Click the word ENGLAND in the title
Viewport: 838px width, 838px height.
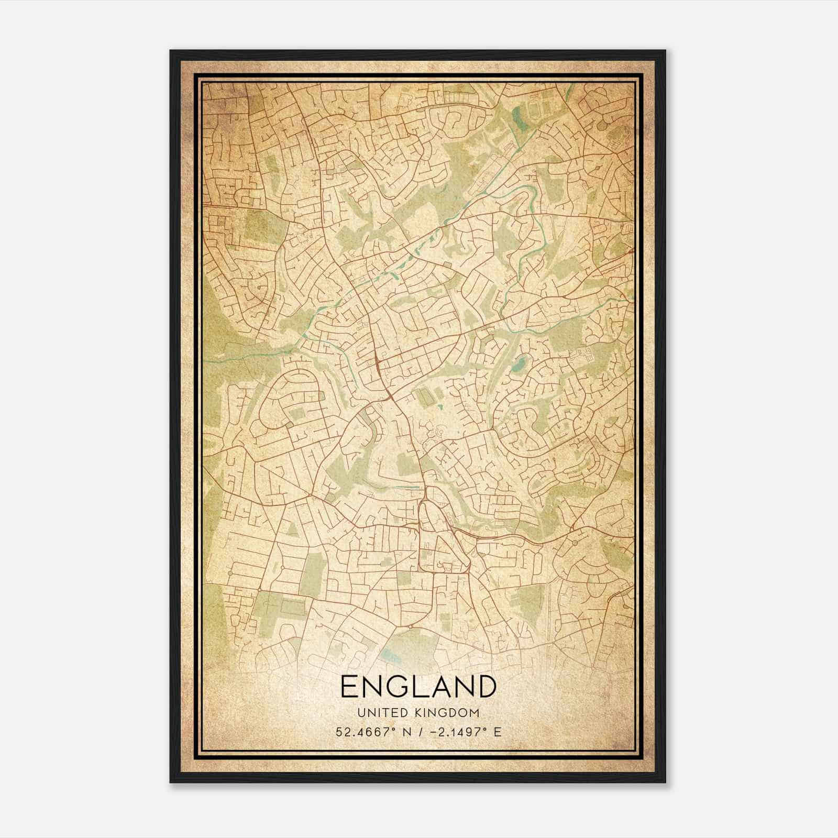[418, 686]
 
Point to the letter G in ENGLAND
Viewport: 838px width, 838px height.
[395, 686]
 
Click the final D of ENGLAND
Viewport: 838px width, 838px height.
[486, 686]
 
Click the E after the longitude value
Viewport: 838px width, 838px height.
[498, 732]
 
